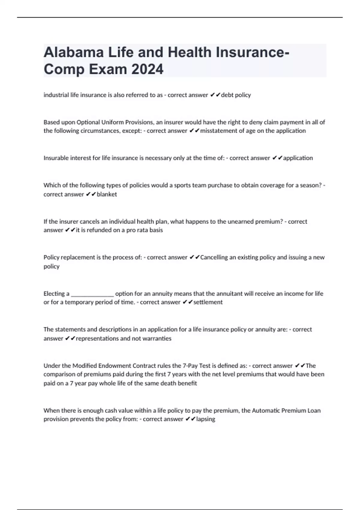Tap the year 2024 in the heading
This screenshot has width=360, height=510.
[x=147, y=69]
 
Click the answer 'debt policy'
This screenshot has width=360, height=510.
[x=236, y=95]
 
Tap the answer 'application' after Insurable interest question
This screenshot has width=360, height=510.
[x=298, y=158]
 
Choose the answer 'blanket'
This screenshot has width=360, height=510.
[x=107, y=194]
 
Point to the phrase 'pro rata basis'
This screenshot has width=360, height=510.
[x=145, y=230]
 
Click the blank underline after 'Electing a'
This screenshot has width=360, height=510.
[x=92, y=294]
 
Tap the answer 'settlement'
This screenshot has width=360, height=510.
[x=208, y=302]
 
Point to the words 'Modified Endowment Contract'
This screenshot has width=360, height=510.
[x=110, y=366]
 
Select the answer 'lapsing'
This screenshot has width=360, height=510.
[x=205, y=419]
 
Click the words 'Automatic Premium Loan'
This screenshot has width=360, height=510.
[x=286, y=410]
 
